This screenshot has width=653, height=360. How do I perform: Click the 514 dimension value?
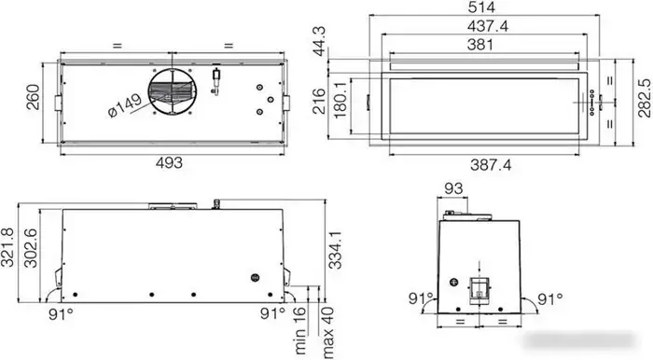click(481, 7)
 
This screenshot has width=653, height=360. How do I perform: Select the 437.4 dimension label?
click(488, 26)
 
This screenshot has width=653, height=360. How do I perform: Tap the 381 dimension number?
click(480, 45)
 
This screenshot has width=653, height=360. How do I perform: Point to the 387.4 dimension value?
click(491, 165)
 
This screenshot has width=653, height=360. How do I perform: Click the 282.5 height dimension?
click(644, 98)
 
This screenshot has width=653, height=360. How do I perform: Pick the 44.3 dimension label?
click(320, 41)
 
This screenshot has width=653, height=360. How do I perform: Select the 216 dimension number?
click(319, 101)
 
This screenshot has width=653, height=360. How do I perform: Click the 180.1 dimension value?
click(340, 100)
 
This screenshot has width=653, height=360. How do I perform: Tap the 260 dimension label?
click(33, 97)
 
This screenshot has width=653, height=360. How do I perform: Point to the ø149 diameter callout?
click(124, 105)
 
